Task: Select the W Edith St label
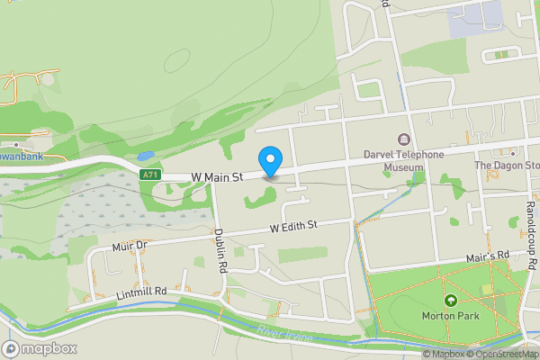(294, 230)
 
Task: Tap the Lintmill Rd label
(141, 292)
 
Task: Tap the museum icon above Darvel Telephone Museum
(403, 139)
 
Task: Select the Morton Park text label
(450, 316)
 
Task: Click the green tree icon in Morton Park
(450, 300)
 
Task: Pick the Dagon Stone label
(507, 166)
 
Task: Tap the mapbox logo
(38, 348)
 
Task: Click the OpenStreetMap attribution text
(501, 354)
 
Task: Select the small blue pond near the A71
(147, 154)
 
